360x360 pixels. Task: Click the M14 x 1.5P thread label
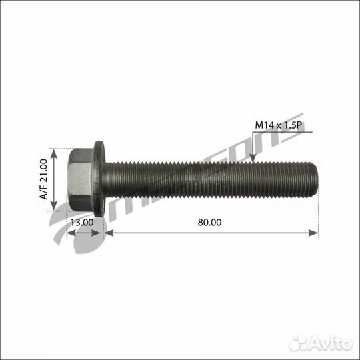point(280,124)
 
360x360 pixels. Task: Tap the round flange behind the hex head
point(100,179)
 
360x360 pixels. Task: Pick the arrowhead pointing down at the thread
point(253,157)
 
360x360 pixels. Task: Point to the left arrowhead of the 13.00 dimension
point(71,233)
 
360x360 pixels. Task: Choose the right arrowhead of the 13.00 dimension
point(101,233)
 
